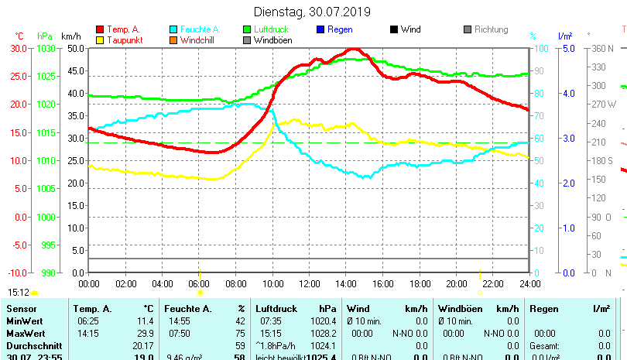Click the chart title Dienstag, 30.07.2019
click(x=312, y=12)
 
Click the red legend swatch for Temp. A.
click(x=100, y=29)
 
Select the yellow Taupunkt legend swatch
click(x=100, y=40)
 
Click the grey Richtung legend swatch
click(x=468, y=29)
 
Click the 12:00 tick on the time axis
click(x=309, y=284)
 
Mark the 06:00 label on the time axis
click(x=199, y=284)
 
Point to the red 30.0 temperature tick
click(x=19, y=48)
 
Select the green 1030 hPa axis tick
click(x=46, y=48)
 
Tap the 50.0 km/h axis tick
click(x=74, y=48)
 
